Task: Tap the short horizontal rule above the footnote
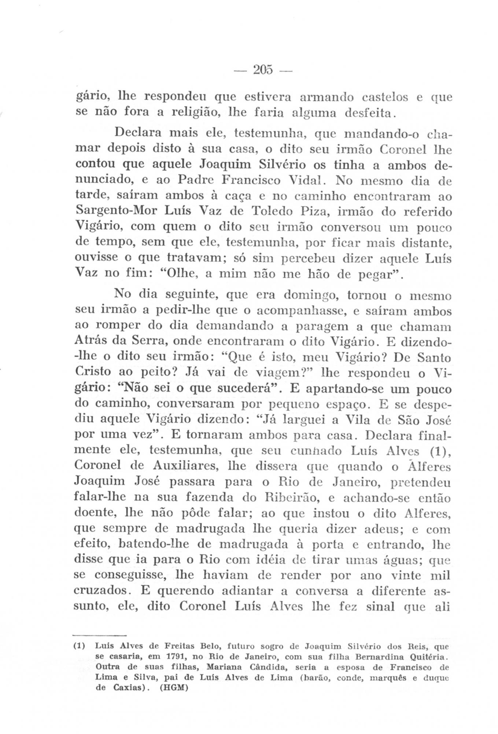tap(99, 635)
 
